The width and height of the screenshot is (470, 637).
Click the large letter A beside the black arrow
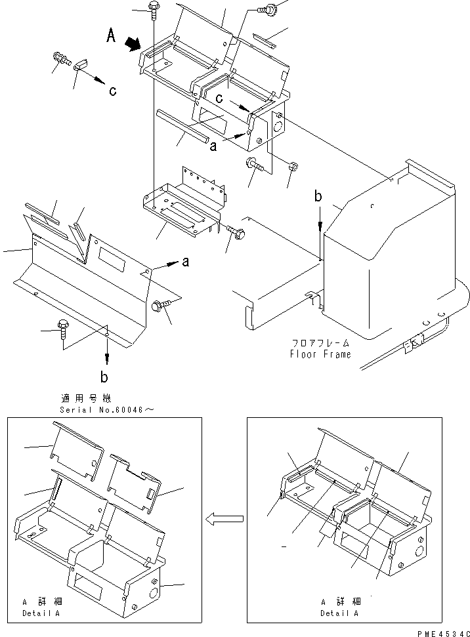click(112, 37)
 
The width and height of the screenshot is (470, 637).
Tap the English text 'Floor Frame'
click(320, 354)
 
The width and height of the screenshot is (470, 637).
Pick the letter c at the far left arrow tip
click(112, 91)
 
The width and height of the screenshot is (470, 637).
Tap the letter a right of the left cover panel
click(185, 262)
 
